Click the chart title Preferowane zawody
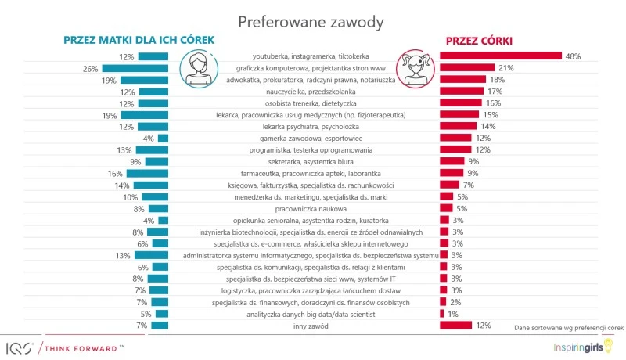311,21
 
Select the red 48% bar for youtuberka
501,56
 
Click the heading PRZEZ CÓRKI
480,40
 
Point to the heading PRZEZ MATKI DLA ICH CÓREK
139,40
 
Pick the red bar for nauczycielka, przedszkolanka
461,92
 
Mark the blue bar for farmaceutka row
147,174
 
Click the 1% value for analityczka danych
453,314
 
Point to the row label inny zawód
311,326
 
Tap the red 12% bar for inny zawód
455,326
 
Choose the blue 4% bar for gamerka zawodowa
163,139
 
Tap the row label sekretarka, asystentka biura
311,162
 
